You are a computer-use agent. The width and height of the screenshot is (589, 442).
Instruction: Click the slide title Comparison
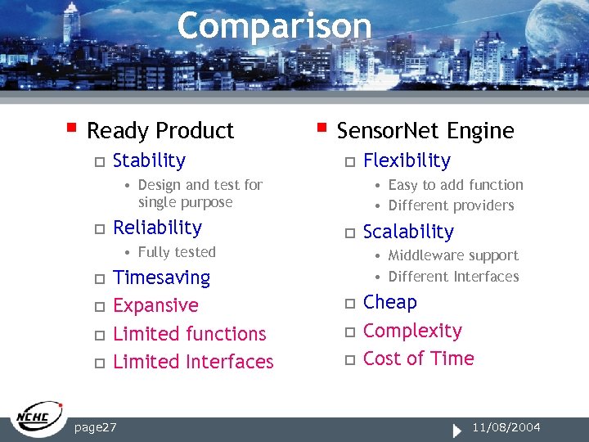pyautogui.click(x=274, y=26)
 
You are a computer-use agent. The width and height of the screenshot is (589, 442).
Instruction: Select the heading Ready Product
pyautogui.click(x=160, y=131)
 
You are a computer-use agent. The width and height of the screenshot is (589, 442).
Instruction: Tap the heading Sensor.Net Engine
pyautogui.click(x=425, y=131)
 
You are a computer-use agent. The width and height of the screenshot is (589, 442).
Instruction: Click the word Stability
pyautogui.click(x=149, y=160)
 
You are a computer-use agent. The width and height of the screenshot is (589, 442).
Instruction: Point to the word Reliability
pyautogui.click(x=157, y=228)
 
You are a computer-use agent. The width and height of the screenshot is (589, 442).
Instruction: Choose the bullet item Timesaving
pyautogui.click(x=161, y=278)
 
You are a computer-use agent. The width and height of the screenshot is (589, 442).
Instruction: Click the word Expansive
pyautogui.click(x=155, y=305)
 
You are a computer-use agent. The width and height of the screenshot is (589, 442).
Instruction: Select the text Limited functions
pyautogui.click(x=189, y=334)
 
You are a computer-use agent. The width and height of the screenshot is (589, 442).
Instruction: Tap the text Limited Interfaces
pyautogui.click(x=193, y=362)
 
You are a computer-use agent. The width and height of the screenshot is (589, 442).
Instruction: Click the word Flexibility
pyautogui.click(x=407, y=160)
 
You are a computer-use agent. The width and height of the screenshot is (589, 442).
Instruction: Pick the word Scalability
pyautogui.click(x=407, y=232)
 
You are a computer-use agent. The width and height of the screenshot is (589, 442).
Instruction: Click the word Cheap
pyautogui.click(x=389, y=302)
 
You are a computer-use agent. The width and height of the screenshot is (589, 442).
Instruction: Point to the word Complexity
pyautogui.click(x=412, y=331)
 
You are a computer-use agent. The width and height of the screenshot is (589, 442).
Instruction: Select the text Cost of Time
pyautogui.click(x=418, y=359)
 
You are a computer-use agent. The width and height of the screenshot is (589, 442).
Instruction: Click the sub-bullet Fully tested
pyautogui.click(x=177, y=252)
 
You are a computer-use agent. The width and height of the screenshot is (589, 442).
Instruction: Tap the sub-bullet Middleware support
pyautogui.click(x=453, y=256)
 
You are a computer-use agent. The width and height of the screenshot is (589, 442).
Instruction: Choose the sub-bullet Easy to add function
pyautogui.click(x=455, y=186)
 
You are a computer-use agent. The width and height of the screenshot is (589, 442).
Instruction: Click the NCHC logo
pyautogui.click(x=38, y=419)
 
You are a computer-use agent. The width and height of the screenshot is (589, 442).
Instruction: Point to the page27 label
pyautogui.click(x=95, y=427)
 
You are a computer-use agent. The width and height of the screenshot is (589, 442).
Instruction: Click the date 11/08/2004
pyautogui.click(x=506, y=427)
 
